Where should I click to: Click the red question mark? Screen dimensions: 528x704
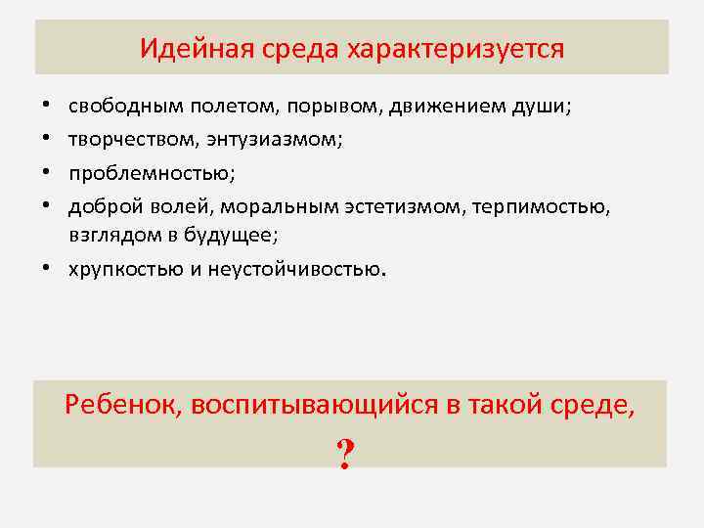click(344, 454)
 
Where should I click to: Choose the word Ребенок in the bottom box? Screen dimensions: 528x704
click(122, 404)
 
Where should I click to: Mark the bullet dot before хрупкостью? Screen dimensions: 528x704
click(46, 269)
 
